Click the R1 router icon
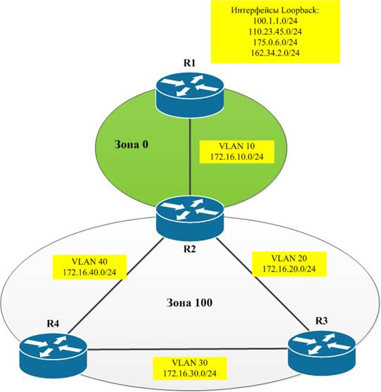pos(189,95)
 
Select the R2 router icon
pos(189,218)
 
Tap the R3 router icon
pos(322,353)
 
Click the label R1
pos(190,63)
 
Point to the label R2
pos(190,249)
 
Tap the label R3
pos(321,320)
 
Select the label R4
pos(53,324)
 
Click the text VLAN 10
pos(237,146)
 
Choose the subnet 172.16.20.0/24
pos(289,269)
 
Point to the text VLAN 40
pos(89,262)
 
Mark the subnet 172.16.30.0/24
pos(190,374)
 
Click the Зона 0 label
pos(131,144)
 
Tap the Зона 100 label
pos(189,303)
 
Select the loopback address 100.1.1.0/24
pos(275,20)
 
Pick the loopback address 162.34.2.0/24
pos(275,53)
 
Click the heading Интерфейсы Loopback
pos(275,11)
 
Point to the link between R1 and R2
pos(190,157)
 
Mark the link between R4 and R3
pos(188,349)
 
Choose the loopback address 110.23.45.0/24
pos(275,32)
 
